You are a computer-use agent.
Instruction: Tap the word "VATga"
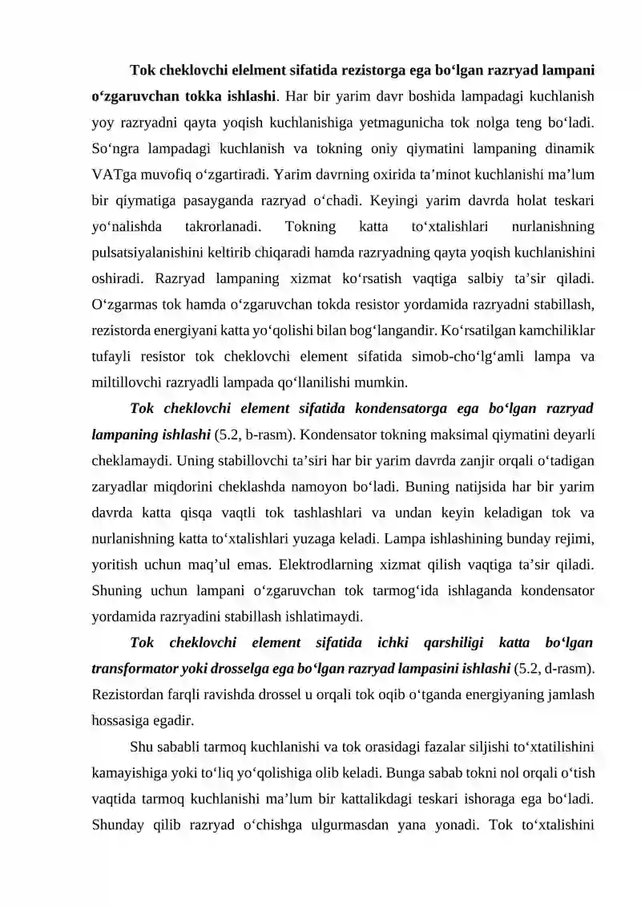tap(116, 174)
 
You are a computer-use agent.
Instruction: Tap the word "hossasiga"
tap(119, 719)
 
